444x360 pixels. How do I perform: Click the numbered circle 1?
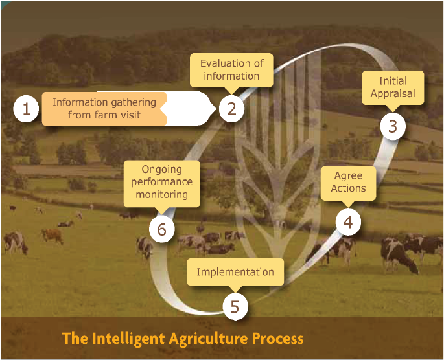tap(26, 109)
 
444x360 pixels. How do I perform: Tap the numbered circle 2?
tap(231, 109)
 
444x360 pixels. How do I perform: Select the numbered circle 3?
tap(393, 126)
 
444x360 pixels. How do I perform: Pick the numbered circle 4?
tap(348, 222)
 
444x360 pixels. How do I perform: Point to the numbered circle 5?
tap(235, 306)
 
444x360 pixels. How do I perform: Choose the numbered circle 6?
tap(161, 229)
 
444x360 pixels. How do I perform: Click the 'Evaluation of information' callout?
tap(231, 70)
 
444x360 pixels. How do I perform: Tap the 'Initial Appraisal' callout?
tap(393, 87)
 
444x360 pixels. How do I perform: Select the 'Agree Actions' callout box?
tap(348, 183)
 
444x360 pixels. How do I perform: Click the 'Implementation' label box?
tap(235, 272)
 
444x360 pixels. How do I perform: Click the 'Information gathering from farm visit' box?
tap(104, 109)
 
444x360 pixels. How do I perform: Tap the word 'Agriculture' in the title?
tap(208, 339)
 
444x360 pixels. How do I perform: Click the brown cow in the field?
tap(53, 236)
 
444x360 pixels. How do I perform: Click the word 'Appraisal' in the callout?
tap(393, 94)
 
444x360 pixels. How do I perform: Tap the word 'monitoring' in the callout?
tap(161, 194)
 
